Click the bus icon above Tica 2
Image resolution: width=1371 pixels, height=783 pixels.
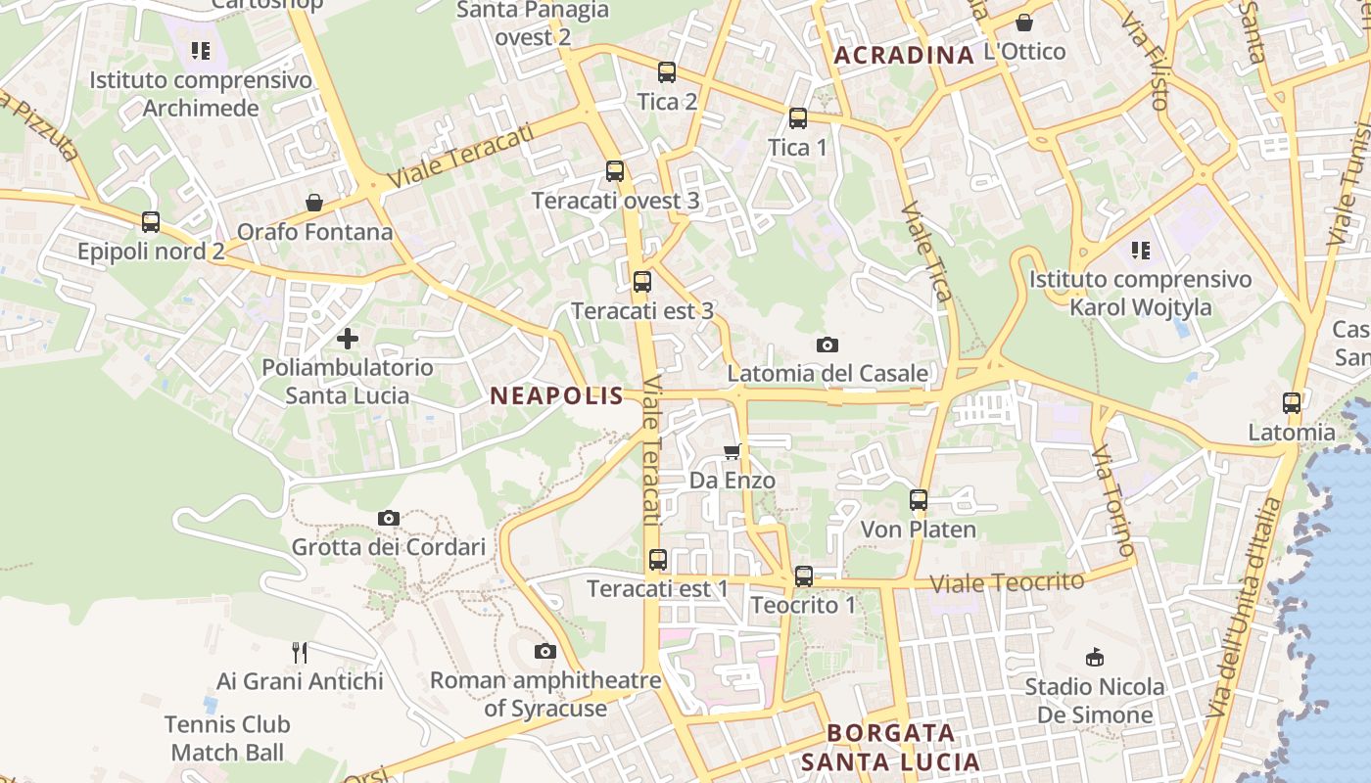(667, 72)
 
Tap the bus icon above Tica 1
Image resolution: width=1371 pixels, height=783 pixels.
(798, 119)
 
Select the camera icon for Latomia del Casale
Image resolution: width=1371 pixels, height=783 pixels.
(827, 345)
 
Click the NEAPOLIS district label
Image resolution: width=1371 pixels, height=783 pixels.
(556, 395)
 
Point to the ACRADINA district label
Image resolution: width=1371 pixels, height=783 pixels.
(904, 55)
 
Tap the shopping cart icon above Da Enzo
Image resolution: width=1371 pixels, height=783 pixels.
(732, 451)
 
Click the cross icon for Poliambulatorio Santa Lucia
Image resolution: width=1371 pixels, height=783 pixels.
(347, 340)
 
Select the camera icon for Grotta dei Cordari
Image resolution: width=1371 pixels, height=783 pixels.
(389, 518)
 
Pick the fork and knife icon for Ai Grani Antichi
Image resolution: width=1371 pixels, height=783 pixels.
(300, 652)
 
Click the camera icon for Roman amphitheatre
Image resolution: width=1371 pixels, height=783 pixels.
(545, 651)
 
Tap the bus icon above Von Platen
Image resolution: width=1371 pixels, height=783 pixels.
(919, 500)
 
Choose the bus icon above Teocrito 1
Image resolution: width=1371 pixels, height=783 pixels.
(804, 576)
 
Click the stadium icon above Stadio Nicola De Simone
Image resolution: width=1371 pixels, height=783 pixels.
(1095, 658)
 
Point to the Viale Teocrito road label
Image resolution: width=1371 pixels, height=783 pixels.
(1007, 582)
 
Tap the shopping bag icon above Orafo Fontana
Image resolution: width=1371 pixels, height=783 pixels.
(314, 203)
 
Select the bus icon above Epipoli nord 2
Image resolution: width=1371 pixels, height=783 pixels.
(151, 222)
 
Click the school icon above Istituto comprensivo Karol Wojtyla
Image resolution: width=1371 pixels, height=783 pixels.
(1140, 251)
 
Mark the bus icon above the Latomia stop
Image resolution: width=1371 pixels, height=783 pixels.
(1292, 403)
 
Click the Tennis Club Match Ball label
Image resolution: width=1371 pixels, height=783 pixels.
(227, 738)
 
